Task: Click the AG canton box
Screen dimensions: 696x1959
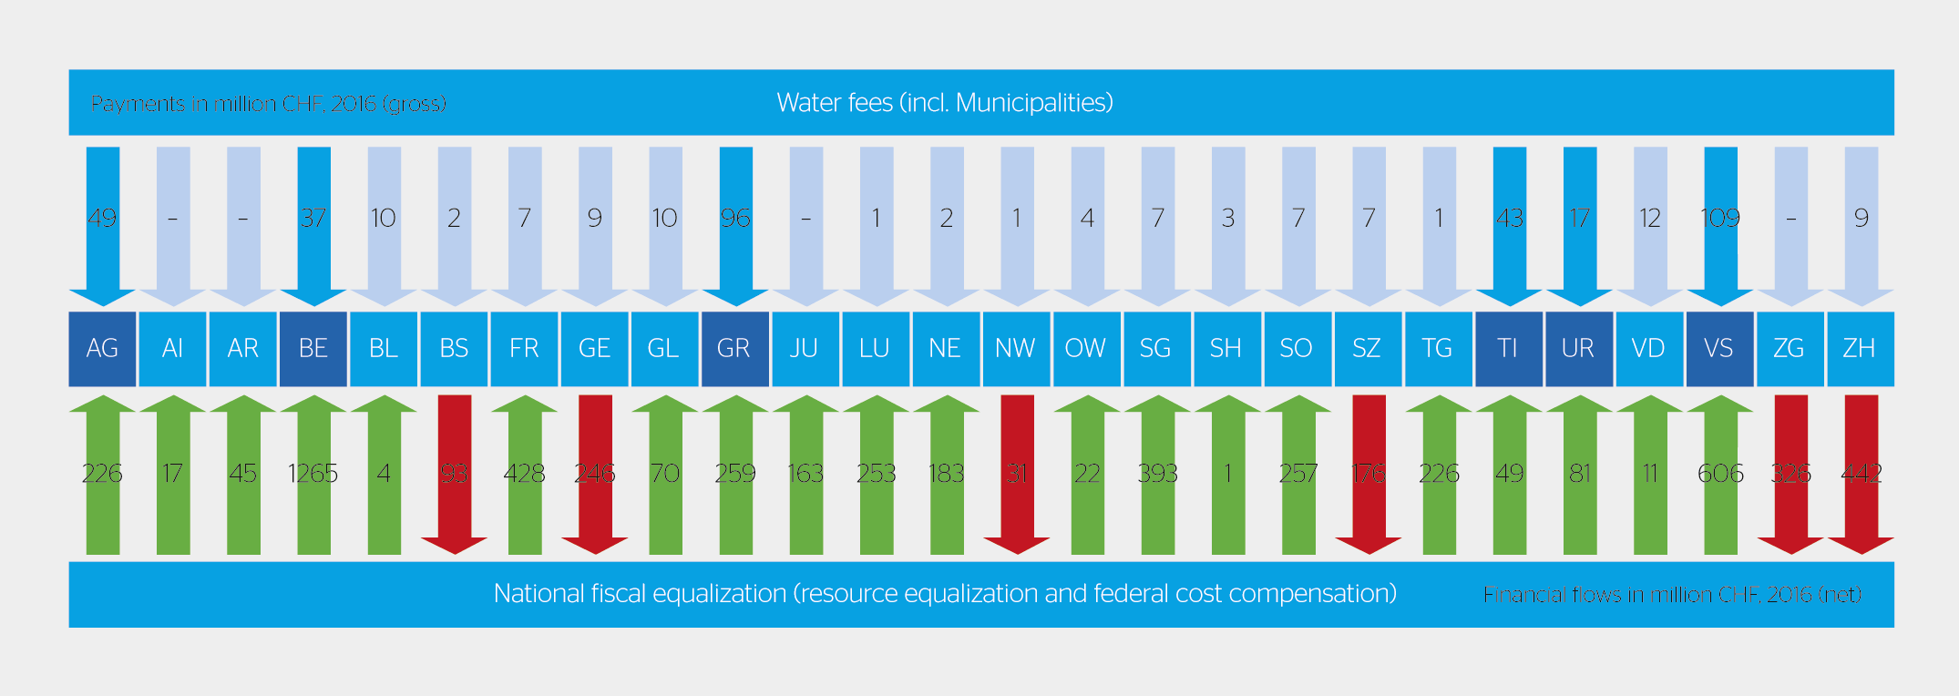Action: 102,349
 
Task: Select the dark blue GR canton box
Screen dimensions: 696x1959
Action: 734,349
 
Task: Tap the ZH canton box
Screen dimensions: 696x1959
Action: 1860,349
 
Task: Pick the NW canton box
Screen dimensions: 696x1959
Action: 1016,349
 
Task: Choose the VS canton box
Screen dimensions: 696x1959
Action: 1719,349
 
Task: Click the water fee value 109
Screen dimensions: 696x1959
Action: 1720,219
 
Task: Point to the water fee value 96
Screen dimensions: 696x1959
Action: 735,219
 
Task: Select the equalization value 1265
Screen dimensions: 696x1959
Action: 313,474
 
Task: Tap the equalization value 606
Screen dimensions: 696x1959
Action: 1720,474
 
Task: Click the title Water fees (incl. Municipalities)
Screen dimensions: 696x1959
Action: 945,103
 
